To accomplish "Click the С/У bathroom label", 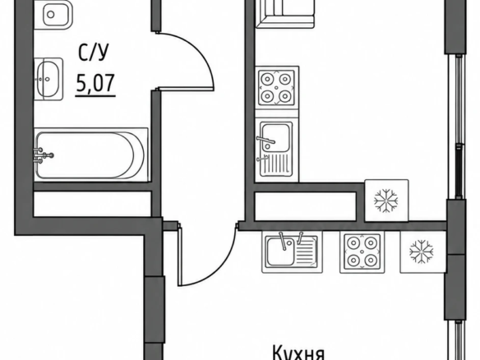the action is tap(94, 53).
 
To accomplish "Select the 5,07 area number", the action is tap(95, 83).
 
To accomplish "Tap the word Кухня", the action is tap(298, 353).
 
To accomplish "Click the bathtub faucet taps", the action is tap(44, 155).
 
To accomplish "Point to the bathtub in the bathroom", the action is tap(91, 155).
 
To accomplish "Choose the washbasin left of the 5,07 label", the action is tap(48, 79).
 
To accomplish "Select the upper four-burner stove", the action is tap(277, 88).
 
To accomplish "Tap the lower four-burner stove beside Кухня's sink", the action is tap(362, 252).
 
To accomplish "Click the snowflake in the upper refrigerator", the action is tap(386, 201).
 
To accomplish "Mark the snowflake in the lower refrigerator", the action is tap(421, 252).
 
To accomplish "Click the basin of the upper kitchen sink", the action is tap(275, 137).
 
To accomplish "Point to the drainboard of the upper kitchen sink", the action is tap(275, 164).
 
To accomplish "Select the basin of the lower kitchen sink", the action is tap(280, 252).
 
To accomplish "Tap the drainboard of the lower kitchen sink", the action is tap(307, 252).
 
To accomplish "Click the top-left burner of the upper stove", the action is tap(267, 79).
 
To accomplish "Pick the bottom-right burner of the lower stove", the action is tap(371, 261).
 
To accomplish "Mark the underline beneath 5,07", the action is tap(95, 96).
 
